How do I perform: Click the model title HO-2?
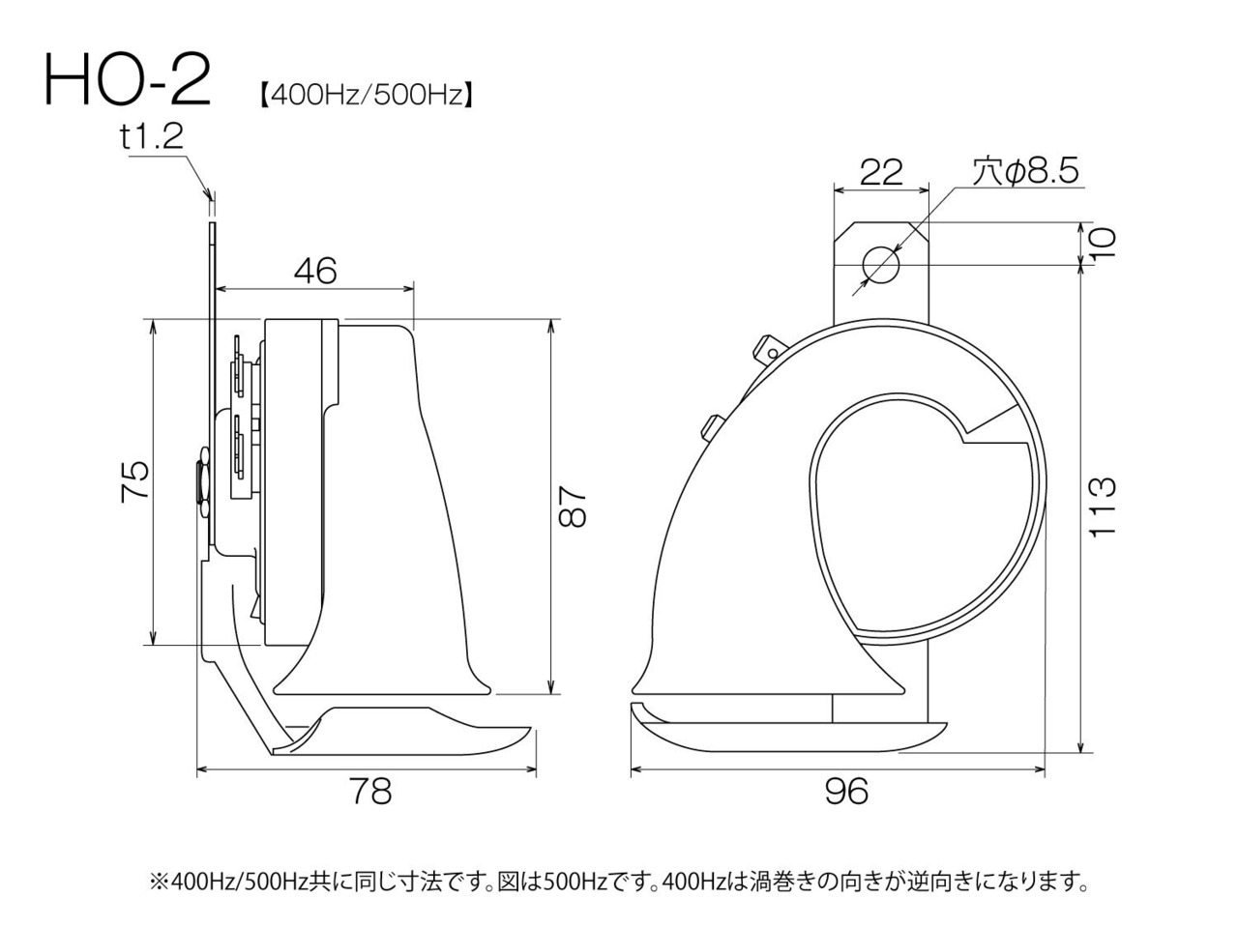coord(128,79)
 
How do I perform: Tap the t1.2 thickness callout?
coord(152,136)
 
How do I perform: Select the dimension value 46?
coord(315,271)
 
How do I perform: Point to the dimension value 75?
coord(136,481)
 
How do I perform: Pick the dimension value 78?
coord(371,791)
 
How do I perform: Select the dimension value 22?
coord(881,172)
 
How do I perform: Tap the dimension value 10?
coord(1102,243)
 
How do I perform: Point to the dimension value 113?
coord(1102,507)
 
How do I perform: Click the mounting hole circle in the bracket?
coord(881,264)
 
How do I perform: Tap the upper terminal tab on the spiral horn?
coord(767,349)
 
